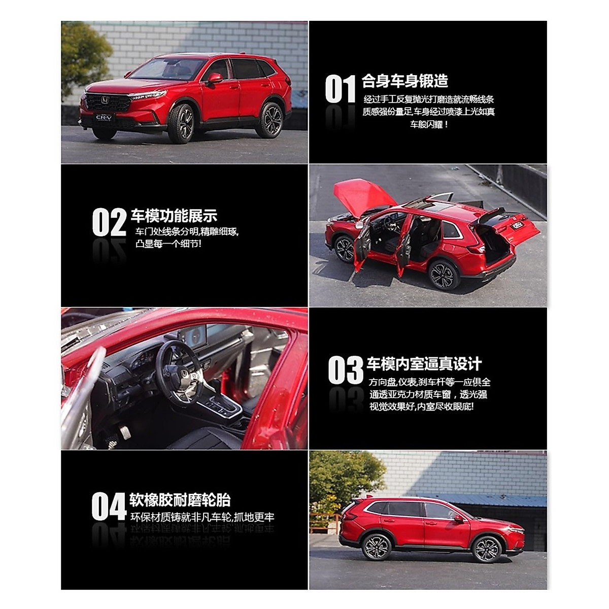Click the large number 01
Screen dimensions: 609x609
point(340,90)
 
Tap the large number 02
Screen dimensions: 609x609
point(109,223)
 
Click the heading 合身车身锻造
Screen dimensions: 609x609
point(405,81)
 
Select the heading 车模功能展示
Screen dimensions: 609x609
point(174,216)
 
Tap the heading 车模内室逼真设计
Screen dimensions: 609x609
point(424,364)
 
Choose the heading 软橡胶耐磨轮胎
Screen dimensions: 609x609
point(180,500)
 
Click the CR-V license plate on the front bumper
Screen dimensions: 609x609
point(106,118)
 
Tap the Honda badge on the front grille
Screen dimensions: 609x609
point(104,101)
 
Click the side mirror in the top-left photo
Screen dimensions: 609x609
point(215,78)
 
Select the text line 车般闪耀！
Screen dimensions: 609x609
point(429,124)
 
